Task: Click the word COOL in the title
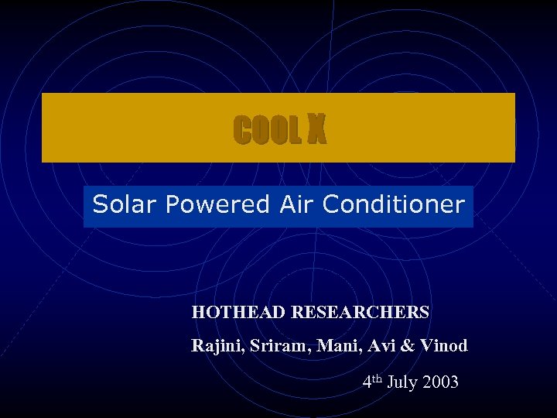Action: click(x=266, y=131)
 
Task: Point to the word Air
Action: click(x=295, y=204)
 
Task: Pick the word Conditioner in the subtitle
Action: click(x=394, y=204)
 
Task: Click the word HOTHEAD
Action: click(x=239, y=313)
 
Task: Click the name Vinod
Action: click(x=442, y=347)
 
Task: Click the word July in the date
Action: click(x=403, y=382)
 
